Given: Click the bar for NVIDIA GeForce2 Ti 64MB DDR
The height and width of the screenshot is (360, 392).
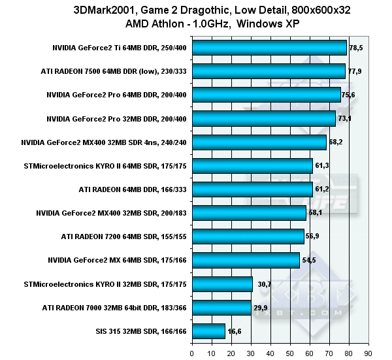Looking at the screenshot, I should pos(269,48).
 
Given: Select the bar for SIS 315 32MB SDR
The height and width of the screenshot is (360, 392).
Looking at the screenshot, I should pos(208,331).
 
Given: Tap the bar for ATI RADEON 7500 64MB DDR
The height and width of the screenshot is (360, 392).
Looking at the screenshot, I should pos(269,71).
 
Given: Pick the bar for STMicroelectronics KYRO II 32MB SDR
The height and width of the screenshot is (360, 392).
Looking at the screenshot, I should pos(222,284).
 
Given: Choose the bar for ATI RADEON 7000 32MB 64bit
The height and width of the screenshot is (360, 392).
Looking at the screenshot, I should pos(221,307).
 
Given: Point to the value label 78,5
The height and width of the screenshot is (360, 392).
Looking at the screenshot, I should pos(357,48).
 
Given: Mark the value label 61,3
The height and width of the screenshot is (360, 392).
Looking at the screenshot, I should pos(322,166).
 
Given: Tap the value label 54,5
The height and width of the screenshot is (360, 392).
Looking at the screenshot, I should pos(309,260).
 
